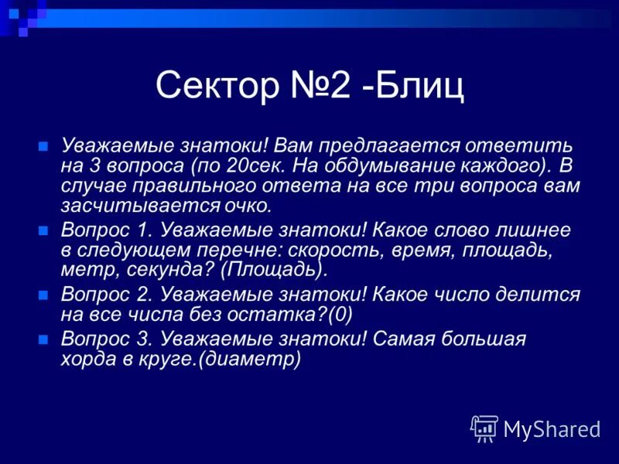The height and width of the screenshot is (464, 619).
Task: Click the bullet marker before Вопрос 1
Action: point(43,230)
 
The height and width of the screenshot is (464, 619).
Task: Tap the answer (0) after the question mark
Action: point(340,315)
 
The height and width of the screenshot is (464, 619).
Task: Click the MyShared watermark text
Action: point(551,428)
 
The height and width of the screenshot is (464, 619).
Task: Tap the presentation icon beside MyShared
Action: point(485,428)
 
